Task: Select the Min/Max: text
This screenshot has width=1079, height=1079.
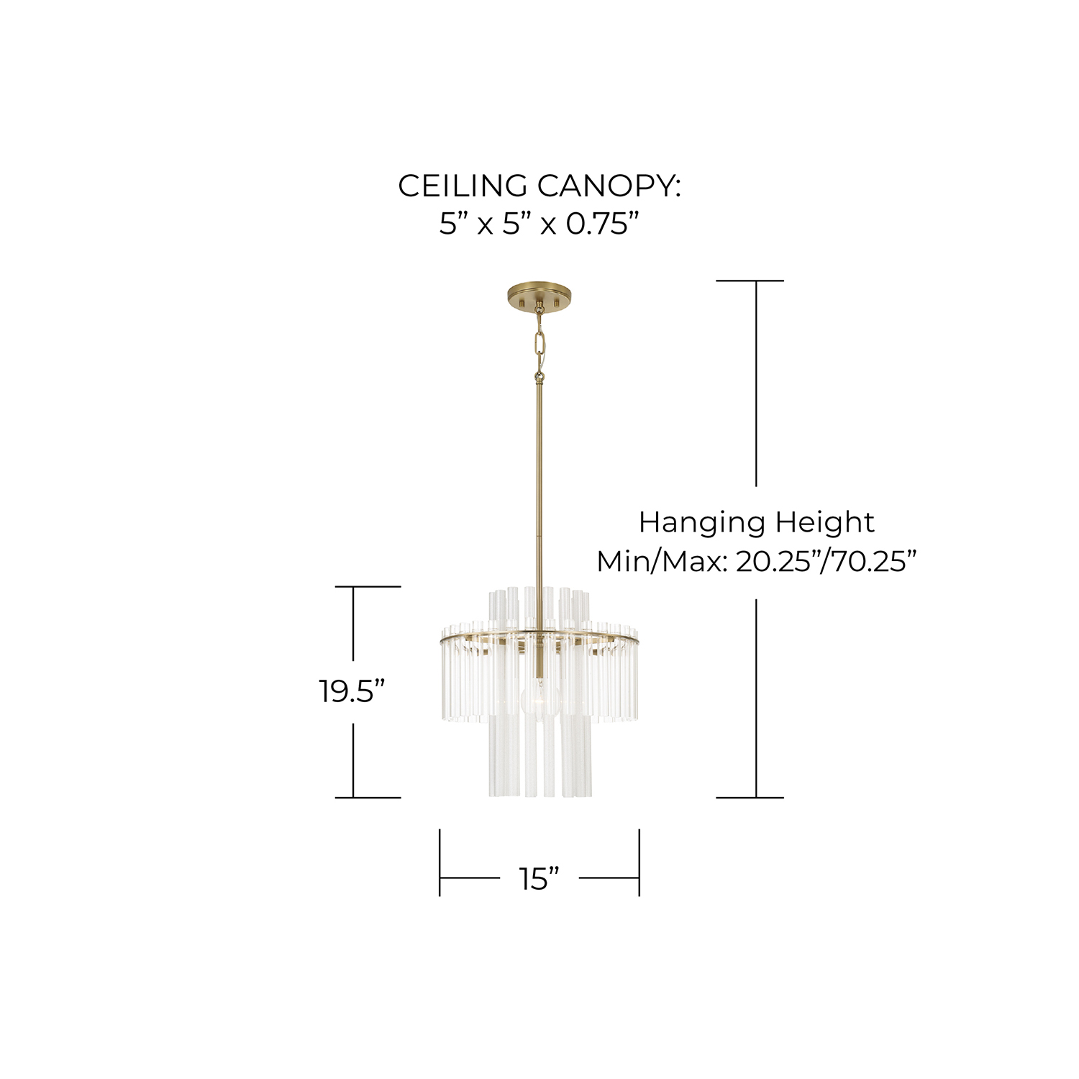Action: (660, 561)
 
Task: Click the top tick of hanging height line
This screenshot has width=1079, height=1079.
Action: (750, 281)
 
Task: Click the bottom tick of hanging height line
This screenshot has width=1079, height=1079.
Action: (750, 797)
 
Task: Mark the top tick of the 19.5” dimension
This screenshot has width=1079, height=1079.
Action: (367, 587)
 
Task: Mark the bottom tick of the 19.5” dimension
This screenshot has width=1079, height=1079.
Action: (367, 797)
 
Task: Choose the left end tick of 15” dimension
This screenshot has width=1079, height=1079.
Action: (440, 862)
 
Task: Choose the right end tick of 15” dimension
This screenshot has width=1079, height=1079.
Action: (639, 862)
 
